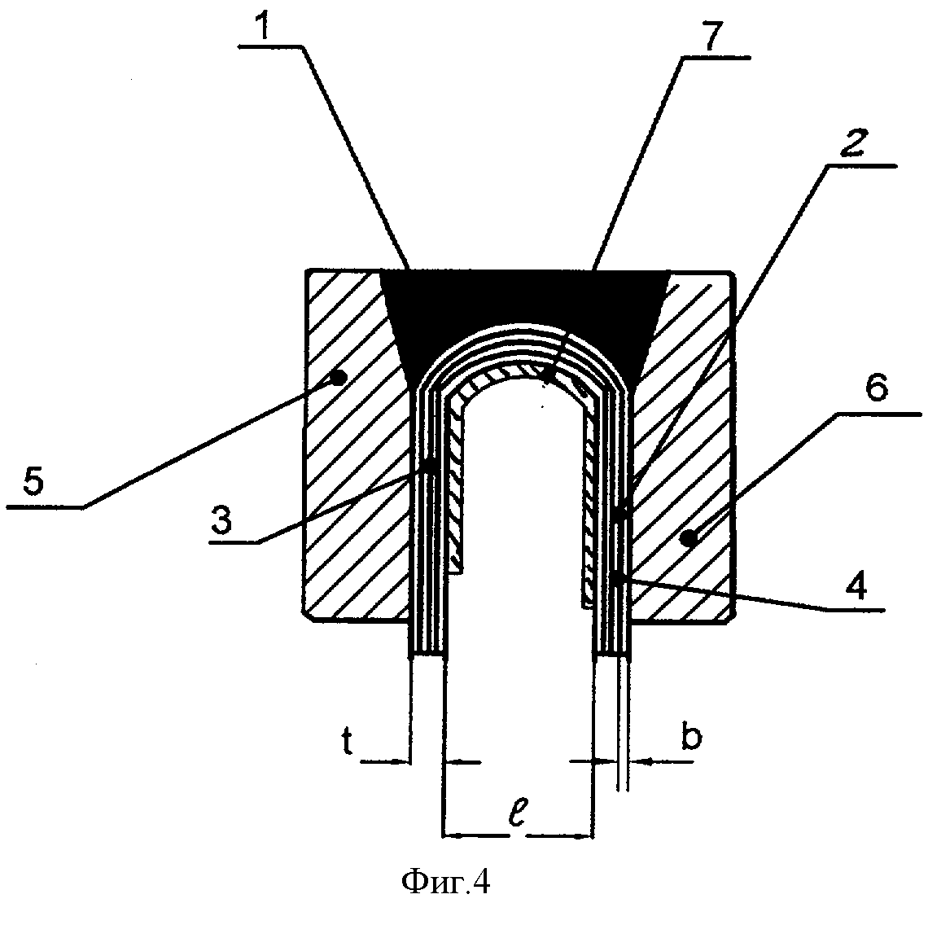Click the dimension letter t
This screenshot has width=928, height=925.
coord(346,744)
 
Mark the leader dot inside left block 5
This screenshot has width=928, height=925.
coord(341,376)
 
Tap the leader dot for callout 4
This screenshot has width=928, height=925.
coord(619,578)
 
